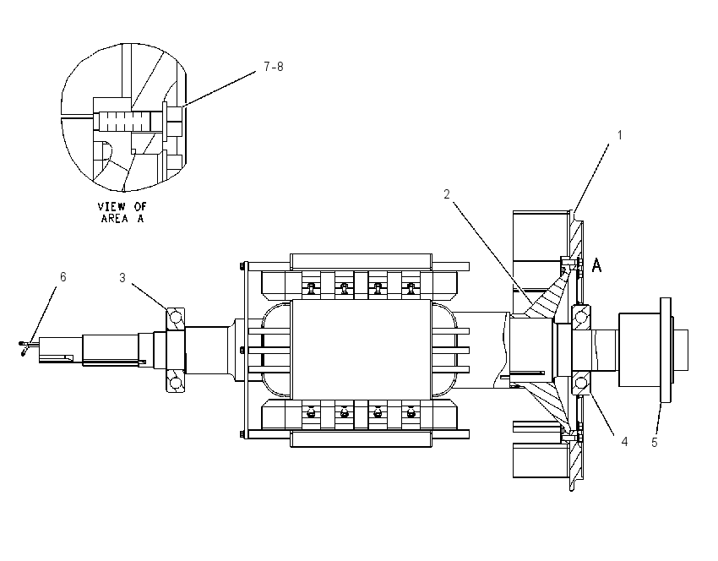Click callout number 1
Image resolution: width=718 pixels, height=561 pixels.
pos(619,135)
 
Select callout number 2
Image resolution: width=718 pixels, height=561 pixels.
pos(447,194)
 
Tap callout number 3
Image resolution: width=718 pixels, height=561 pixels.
pos(122,277)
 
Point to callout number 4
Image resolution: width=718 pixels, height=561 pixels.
pos(624,442)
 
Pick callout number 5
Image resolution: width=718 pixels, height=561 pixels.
pos(655,443)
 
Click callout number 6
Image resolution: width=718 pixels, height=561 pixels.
pos(63,276)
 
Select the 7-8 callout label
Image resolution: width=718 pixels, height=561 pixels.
pos(274,67)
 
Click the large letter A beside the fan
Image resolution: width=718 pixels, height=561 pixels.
pos(596,265)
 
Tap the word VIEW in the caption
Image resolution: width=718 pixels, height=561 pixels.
pos(112,206)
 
